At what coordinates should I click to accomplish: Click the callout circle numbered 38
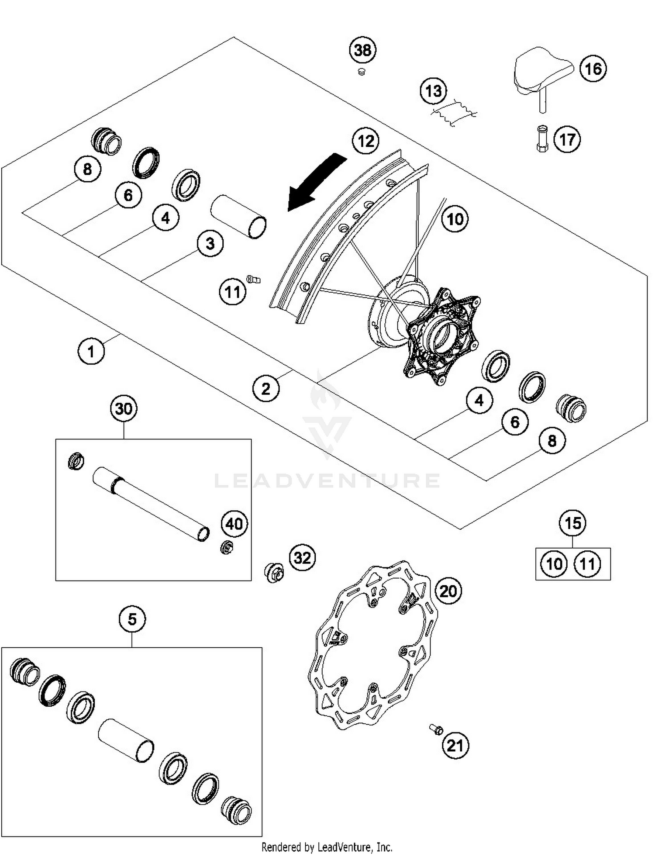[362, 50]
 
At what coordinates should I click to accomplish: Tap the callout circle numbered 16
[593, 69]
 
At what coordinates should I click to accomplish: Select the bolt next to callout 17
[542, 138]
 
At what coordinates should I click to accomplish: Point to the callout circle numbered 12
[365, 141]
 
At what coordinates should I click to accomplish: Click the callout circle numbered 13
[433, 91]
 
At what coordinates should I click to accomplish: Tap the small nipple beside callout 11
[253, 279]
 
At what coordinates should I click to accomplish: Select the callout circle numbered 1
[91, 351]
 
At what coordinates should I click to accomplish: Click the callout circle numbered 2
[265, 388]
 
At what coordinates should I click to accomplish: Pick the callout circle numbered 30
[124, 409]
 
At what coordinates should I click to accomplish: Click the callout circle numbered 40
[234, 524]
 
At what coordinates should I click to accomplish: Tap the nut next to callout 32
[274, 572]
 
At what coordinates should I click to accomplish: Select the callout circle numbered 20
[448, 591]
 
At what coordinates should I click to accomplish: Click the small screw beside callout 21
[436, 729]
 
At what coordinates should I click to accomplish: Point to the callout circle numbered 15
[572, 523]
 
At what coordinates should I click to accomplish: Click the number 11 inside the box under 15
[587, 564]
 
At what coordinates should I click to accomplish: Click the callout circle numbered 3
[210, 244]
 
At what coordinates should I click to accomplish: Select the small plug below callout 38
[361, 72]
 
